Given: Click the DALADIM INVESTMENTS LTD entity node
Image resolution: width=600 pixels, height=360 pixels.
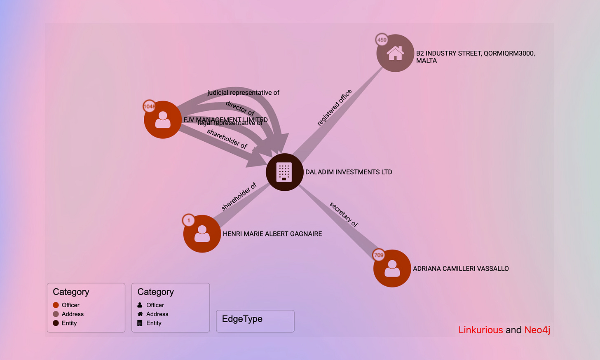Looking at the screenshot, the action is [x=284, y=172].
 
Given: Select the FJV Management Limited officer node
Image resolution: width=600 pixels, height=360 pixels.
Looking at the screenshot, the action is [x=163, y=120].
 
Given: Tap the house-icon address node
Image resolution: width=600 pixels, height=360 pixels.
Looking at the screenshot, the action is [x=395, y=53].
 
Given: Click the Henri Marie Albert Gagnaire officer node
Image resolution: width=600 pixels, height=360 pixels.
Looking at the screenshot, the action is [x=202, y=234].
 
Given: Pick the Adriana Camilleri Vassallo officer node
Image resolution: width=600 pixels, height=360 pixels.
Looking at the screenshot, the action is [x=392, y=268].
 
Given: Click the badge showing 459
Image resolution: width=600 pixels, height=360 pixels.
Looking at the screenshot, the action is [x=382, y=40].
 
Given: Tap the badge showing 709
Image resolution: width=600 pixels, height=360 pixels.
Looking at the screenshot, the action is [x=379, y=255].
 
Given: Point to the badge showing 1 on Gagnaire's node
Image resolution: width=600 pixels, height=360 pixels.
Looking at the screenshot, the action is [x=189, y=220].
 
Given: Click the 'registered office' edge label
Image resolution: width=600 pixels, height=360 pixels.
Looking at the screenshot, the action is [x=334, y=107].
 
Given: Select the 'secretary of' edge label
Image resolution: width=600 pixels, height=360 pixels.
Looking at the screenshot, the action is [x=344, y=214].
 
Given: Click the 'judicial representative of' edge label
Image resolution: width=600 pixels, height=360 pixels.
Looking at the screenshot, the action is [x=243, y=93].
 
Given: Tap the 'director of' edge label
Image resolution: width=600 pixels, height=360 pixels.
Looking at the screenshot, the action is [x=240, y=108].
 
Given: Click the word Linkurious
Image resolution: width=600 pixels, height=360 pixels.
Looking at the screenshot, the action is [x=480, y=330].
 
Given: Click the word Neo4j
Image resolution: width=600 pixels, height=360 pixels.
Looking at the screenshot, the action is [x=537, y=330].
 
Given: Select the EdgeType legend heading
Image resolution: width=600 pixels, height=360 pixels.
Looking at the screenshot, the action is [x=242, y=319].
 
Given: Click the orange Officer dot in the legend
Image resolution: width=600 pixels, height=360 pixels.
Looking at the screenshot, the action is [x=56, y=305].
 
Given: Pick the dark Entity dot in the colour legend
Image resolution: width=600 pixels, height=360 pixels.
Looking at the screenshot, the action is [x=56, y=323].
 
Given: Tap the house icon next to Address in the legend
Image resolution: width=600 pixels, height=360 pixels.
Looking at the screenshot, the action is [x=140, y=314].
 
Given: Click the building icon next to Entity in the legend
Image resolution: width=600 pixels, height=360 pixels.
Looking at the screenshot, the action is [x=140, y=323].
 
